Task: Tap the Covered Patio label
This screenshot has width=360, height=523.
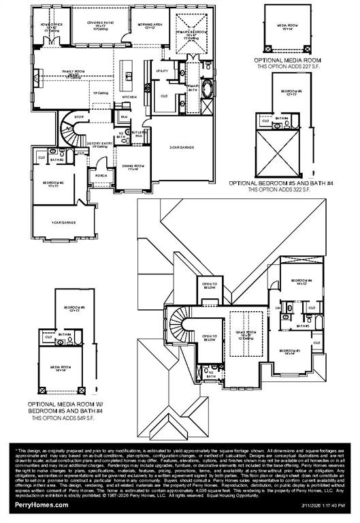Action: [x=101, y=25]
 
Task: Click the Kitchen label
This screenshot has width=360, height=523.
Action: [x=129, y=97]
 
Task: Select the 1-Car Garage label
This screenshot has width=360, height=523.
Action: [x=63, y=223]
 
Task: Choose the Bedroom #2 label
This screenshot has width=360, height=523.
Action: [x=53, y=184]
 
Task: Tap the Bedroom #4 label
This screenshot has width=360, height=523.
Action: [x=301, y=282]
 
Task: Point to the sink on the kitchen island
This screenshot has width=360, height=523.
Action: [x=127, y=69]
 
